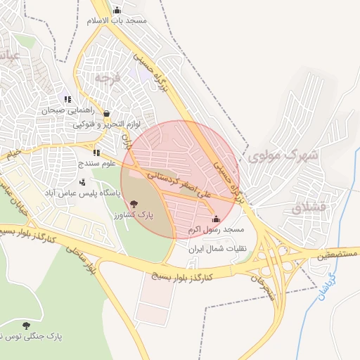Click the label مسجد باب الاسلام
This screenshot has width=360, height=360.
[117, 20]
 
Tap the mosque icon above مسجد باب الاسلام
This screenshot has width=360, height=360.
[117, 10]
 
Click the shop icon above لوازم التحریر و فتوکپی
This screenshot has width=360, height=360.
[106, 113]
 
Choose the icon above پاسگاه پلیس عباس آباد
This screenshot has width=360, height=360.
[82, 182]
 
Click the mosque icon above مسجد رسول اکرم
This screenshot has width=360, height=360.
[216, 219]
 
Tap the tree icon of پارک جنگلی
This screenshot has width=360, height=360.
[26, 326]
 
